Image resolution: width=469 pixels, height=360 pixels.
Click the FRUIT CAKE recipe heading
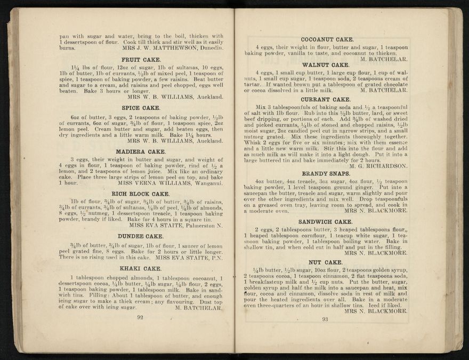pyautogui.click(x=141, y=60)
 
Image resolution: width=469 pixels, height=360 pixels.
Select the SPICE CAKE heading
pyautogui.click(x=141, y=108)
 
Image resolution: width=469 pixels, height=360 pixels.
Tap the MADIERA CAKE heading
pyautogui.click(x=141, y=151)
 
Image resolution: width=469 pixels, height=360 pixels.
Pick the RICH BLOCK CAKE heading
pyautogui.click(x=141, y=194)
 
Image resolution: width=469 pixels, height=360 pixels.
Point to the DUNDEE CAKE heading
pyautogui.click(x=141, y=236)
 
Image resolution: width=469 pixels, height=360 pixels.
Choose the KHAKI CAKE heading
pyautogui.click(x=141, y=268)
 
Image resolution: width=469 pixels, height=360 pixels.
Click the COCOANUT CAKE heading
pyautogui.click(x=327, y=39)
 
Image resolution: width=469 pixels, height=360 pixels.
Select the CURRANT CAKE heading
pyautogui.click(x=326, y=99)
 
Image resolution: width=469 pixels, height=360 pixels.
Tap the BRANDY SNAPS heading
pyautogui.click(x=326, y=174)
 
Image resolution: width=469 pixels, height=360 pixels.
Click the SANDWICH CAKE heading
pyautogui.click(x=325, y=221)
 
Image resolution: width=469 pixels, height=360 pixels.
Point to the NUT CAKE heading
pyautogui.click(x=325, y=262)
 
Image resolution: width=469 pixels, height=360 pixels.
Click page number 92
pyautogui.click(x=141, y=317)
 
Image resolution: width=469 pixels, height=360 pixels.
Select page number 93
pyautogui.click(x=325, y=319)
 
